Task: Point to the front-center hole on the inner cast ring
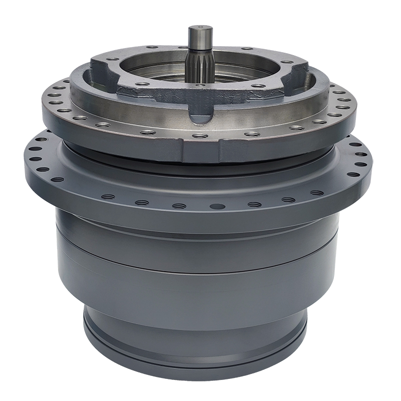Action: pyautogui.click(x=200, y=85)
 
